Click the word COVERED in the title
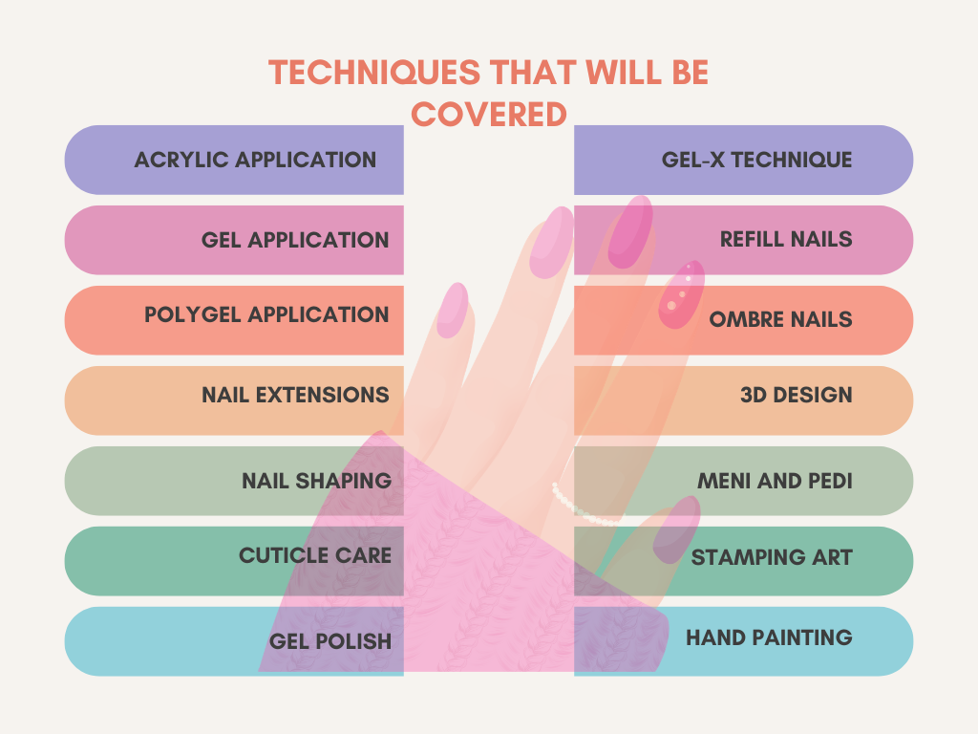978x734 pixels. (489, 115)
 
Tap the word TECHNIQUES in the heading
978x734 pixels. (374, 73)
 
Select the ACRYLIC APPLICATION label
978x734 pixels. (255, 160)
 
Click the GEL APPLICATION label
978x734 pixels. (295, 240)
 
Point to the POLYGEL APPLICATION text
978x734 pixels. (266, 314)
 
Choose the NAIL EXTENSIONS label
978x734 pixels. (295, 395)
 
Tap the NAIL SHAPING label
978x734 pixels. (317, 482)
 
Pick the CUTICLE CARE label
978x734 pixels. (315, 555)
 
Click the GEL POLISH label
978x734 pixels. (330, 641)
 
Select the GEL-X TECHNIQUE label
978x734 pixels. (756, 160)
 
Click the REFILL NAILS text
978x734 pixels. (786, 239)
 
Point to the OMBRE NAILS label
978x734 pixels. (780, 319)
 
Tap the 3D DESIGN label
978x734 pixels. (796, 395)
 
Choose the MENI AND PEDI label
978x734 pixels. (775, 482)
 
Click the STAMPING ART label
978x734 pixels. (772, 557)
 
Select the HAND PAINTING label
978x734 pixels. (769, 637)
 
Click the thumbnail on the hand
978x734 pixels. (676, 529)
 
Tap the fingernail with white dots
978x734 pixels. (682, 294)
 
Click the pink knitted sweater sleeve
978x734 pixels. (461, 574)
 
